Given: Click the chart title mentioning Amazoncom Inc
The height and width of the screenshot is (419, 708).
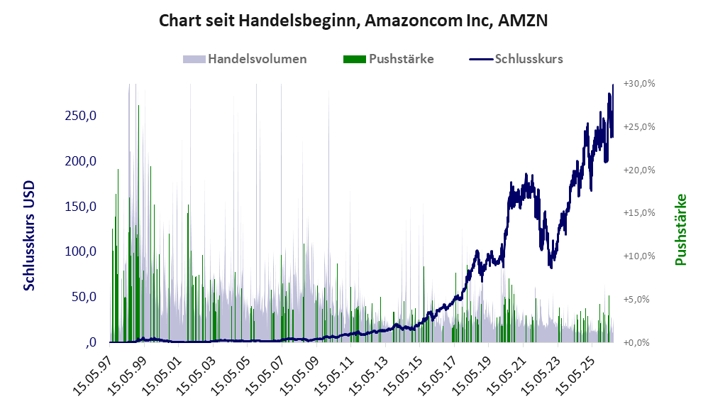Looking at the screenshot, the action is (x=353, y=21).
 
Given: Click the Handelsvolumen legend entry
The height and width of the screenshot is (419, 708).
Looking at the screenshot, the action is (x=245, y=59).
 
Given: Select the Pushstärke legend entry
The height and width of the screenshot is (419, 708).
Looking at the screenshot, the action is (x=388, y=59).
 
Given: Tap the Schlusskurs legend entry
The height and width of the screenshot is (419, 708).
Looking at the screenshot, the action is (x=516, y=59).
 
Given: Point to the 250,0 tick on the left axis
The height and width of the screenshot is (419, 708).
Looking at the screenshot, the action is (x=81, y=116).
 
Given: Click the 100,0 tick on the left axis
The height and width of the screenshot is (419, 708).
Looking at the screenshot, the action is (x=81, y=251).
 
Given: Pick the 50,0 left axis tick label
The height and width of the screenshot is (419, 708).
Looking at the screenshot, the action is (x=84, y=297).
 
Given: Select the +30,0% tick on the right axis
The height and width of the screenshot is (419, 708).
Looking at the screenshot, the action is (x=639, y=84).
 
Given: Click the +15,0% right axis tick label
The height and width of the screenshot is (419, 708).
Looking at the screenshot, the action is (x=639, y=213).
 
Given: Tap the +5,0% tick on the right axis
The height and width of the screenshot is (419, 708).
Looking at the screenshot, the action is (x=636, y=299).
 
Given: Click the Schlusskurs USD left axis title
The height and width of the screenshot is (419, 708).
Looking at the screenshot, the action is (x=29, y=236).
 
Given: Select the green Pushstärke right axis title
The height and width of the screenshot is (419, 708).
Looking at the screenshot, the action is (x=680, y=229).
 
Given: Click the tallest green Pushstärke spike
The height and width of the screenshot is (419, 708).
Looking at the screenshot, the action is (x=138, y=224).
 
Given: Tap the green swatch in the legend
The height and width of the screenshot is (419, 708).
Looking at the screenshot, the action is (x=355, y=59).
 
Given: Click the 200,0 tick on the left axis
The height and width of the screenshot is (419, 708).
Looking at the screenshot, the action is (x=81, y=161).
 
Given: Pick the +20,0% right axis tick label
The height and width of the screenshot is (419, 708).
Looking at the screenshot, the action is (x=639, y=170).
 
